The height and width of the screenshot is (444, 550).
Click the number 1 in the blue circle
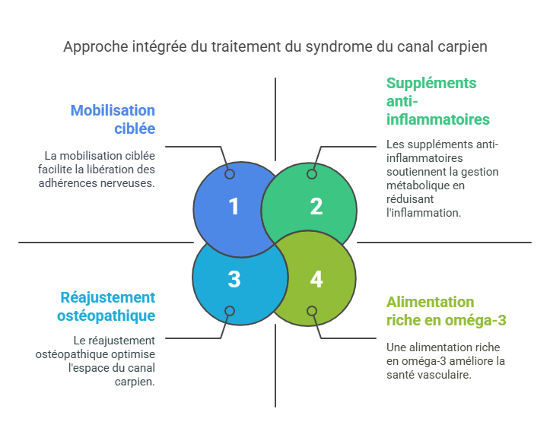click(x=234, y=206)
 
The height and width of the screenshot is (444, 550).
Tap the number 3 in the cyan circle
click(x=234, y=279)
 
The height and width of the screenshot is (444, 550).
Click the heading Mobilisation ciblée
click(x=113, y=119)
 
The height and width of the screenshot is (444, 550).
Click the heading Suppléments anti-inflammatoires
click(x=437, y=101)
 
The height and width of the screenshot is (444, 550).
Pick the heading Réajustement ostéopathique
click(x=107, y=306)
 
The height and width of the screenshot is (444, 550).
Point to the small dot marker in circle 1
click(x=230, y=174)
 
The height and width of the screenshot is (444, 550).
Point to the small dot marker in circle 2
click(x=312, y=174)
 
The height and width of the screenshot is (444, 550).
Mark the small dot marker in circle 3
click(x=230, y=311)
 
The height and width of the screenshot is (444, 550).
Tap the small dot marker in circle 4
click(x=312, y=311)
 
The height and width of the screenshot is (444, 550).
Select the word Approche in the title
click(x=91, y=47)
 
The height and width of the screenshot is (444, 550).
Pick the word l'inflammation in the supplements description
click(x=424, y=212)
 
